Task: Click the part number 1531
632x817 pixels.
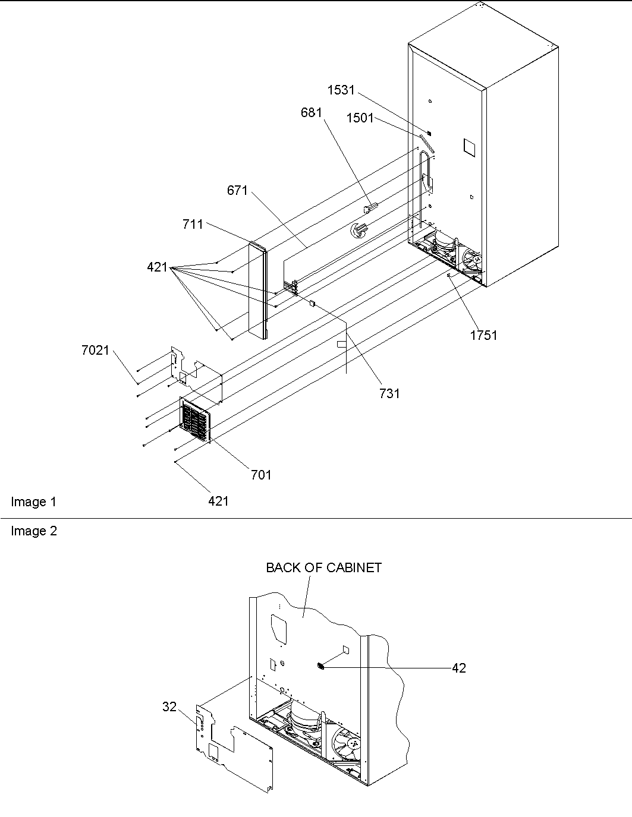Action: (x=341, y=90)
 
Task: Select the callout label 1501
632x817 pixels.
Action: (x=360, y=118)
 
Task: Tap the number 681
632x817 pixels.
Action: (x=312, y=112)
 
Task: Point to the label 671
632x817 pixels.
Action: (x=237, y=191)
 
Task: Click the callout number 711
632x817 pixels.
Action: (x=193, y=224)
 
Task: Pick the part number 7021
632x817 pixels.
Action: (x=96, y=351)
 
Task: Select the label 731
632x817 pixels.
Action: (x=389, y=393)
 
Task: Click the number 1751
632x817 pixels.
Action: (x=483, y=335)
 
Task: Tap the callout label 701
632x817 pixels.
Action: (x=261, y=474)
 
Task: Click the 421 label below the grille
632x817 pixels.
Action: (x=218, y=501)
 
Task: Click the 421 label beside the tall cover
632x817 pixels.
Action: (x=158, y=268)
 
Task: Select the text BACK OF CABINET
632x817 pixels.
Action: (x=323, y=567)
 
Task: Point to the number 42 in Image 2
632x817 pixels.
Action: (x=458, y=668)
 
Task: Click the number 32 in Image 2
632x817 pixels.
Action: (x=169, y=706)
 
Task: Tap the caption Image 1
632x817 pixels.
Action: (x=33, y=502)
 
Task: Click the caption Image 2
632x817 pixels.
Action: (x=33, y=531)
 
